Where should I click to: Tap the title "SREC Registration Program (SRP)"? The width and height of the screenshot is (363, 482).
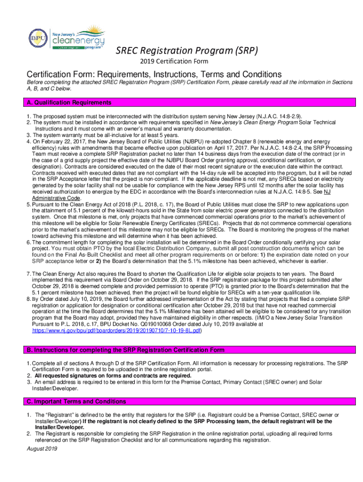click(x=187, y=50)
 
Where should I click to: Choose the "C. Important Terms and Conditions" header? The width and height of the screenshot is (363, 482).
click(x=76, y=402)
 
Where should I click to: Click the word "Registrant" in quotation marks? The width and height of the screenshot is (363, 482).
click(x=58, y=415)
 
